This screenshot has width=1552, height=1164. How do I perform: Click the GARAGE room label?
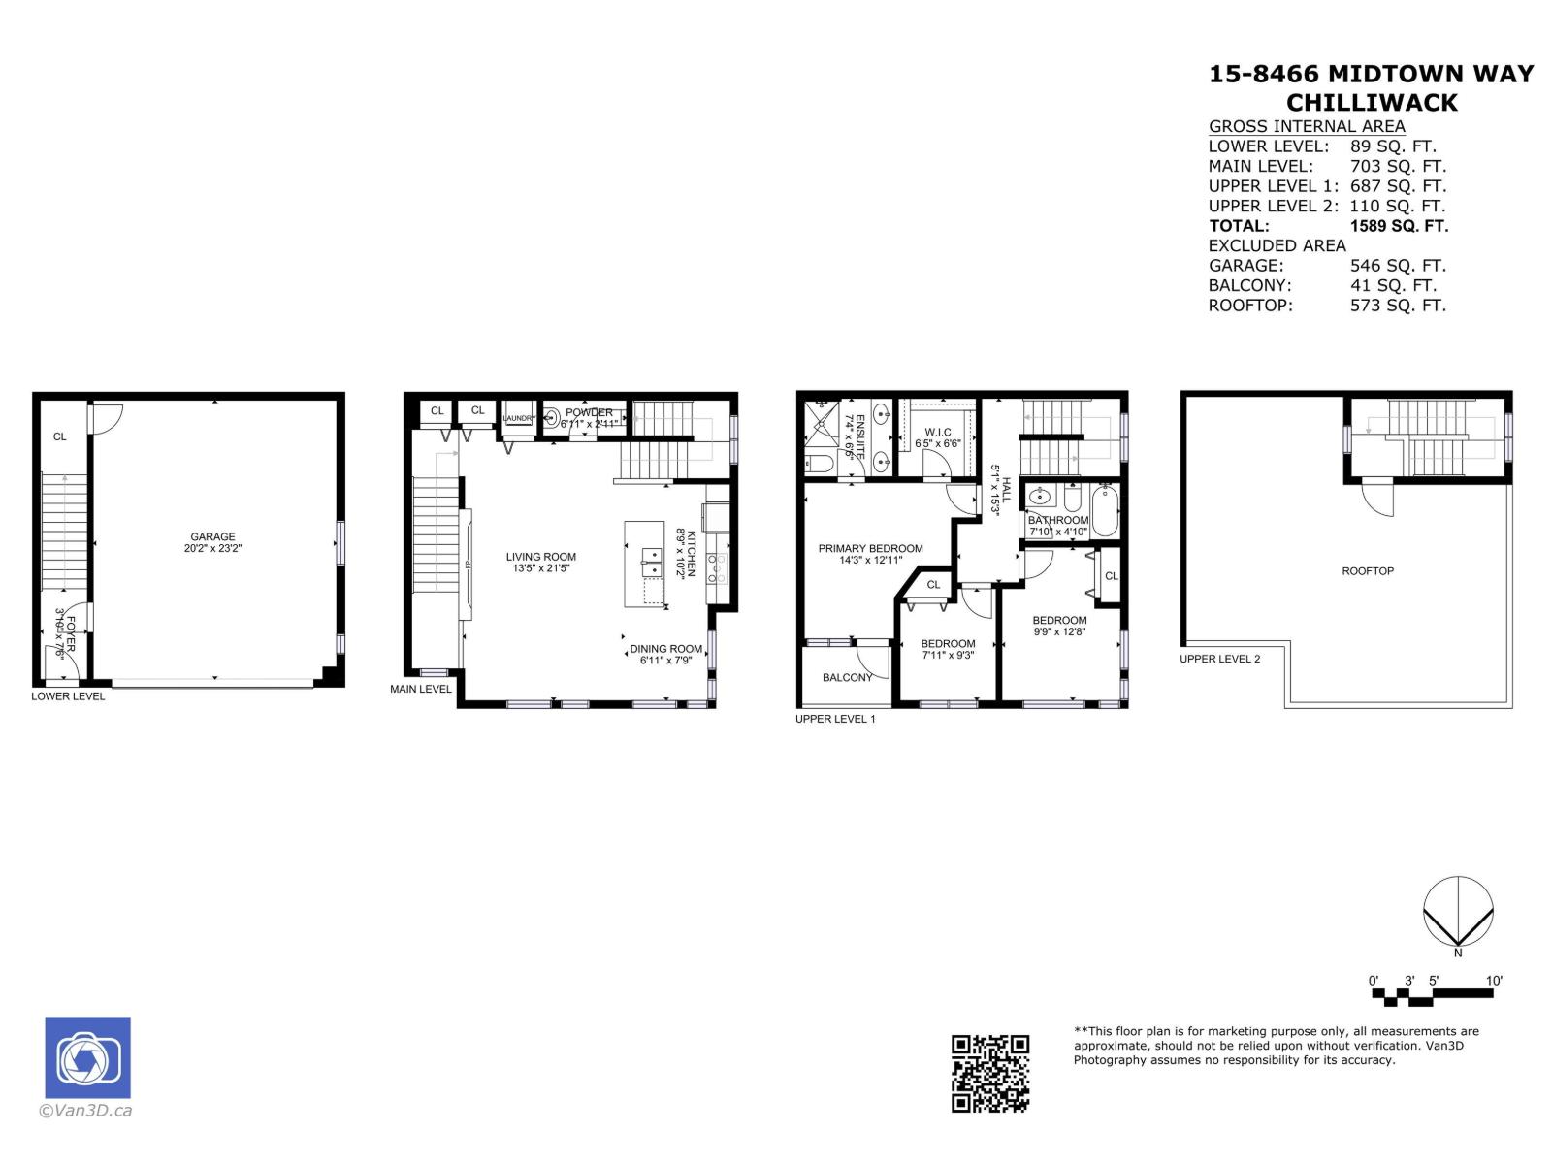212,536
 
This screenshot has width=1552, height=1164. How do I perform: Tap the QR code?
989,1072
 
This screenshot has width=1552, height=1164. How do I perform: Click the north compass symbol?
1458,912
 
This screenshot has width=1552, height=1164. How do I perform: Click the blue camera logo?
87,1057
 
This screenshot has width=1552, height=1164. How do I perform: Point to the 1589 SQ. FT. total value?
1398,226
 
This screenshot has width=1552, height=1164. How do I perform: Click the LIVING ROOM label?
540,557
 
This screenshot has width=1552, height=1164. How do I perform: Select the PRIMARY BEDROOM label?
870,549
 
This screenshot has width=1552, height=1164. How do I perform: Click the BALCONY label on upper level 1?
847,678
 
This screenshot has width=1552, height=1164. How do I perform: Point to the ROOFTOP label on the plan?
1368,571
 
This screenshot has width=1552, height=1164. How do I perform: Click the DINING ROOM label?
665,649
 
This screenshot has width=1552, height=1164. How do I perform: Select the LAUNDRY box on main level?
518,418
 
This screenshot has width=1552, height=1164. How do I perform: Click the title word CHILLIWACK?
1372,103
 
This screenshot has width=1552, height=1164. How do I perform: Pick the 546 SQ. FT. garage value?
1397,266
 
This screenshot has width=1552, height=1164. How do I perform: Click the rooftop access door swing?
1377,499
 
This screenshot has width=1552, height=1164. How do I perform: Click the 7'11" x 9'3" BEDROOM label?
948,644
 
